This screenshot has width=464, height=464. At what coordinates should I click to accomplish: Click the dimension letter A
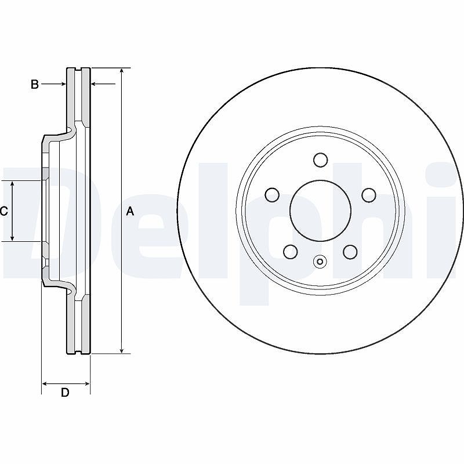130,211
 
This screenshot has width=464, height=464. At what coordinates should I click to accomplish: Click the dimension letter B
35,84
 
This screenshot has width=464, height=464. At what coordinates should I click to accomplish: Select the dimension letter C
4,211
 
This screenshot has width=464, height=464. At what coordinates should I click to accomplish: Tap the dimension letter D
65,393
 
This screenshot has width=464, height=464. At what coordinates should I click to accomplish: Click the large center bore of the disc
321,211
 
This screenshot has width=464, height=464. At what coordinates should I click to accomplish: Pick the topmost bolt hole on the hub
321,160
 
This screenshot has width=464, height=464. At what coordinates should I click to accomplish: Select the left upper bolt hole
272,195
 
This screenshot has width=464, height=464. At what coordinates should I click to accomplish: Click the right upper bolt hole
369,195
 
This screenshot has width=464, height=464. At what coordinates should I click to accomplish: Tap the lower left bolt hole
291,252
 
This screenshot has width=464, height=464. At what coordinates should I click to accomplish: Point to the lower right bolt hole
351,252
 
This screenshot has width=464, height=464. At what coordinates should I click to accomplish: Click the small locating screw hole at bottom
320,262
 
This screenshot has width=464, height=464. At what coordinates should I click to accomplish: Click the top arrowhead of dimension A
122,70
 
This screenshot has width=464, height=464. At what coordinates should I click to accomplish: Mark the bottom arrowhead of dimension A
122,351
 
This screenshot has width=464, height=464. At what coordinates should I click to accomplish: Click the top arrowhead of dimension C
12,184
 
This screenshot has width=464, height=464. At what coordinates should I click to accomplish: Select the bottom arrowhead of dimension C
12,238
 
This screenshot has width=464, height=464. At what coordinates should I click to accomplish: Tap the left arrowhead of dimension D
45,384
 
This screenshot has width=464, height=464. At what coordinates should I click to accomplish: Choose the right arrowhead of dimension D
86,384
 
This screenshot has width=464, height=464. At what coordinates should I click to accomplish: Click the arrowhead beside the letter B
63,84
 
